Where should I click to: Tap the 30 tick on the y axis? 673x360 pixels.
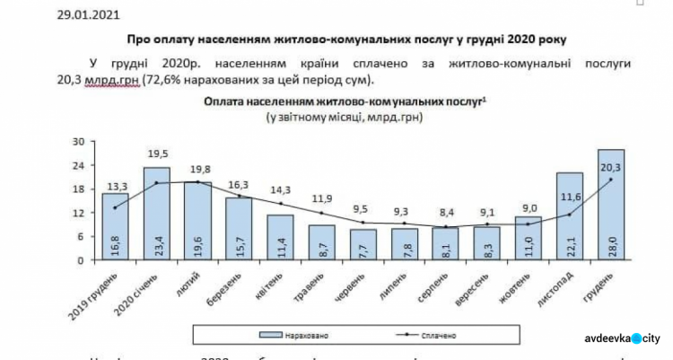coord(78,142)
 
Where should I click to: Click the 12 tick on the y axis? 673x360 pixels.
coord(78,214)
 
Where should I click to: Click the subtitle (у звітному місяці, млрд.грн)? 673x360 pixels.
coord(345,118)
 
